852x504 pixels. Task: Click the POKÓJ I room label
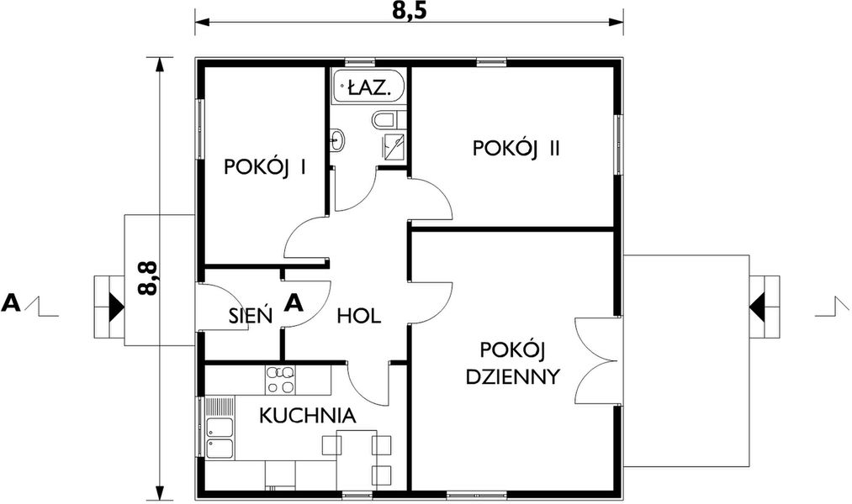[x=264, y=167]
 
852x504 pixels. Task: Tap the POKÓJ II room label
[x=516, y=149]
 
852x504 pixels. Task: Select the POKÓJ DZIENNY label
[x=513, y=363]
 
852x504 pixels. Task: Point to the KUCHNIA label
[x=307, y=415]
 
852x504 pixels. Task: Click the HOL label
[x=359, y=317]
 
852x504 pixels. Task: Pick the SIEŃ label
[x=251, y=317]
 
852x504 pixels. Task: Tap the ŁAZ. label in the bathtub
[x=368, y=85]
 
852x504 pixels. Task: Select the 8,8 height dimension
[x=149, y=277]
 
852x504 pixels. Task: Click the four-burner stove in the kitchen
[x=279, y=380]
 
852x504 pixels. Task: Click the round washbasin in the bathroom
[x=337, y=139]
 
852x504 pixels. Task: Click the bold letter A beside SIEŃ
[x=293, y=302]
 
